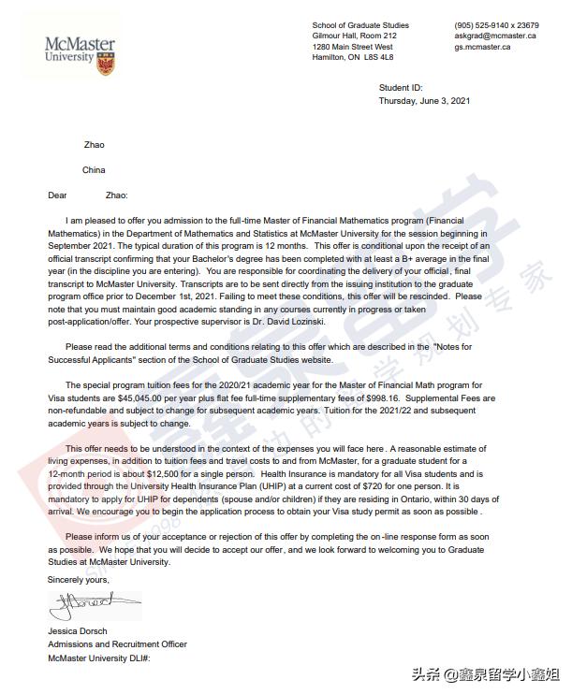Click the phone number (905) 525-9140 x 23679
(495, 24)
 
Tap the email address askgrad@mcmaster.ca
(494, 36)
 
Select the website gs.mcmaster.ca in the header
(482, 47)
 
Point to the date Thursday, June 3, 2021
(424, 100)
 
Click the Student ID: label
(401, 88)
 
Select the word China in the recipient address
(94, 170)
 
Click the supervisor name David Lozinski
(290, 321)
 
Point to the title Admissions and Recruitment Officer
(117, 644)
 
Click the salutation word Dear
(58, 195)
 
